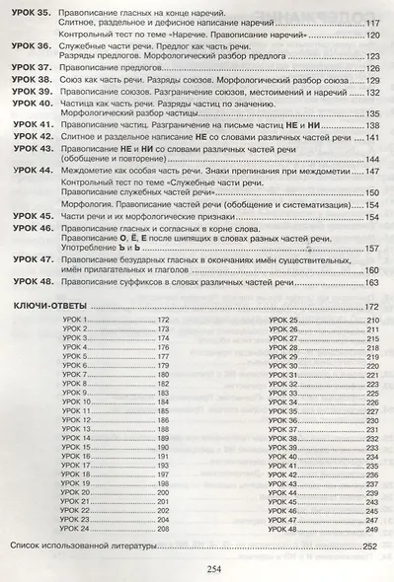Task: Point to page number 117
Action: click(x=371, y=22)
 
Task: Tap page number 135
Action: click(x=371, y=114)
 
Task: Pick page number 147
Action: click(x=371, y=171)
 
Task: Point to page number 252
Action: click(x=371, y=546)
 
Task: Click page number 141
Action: click(x=371, y=136)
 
